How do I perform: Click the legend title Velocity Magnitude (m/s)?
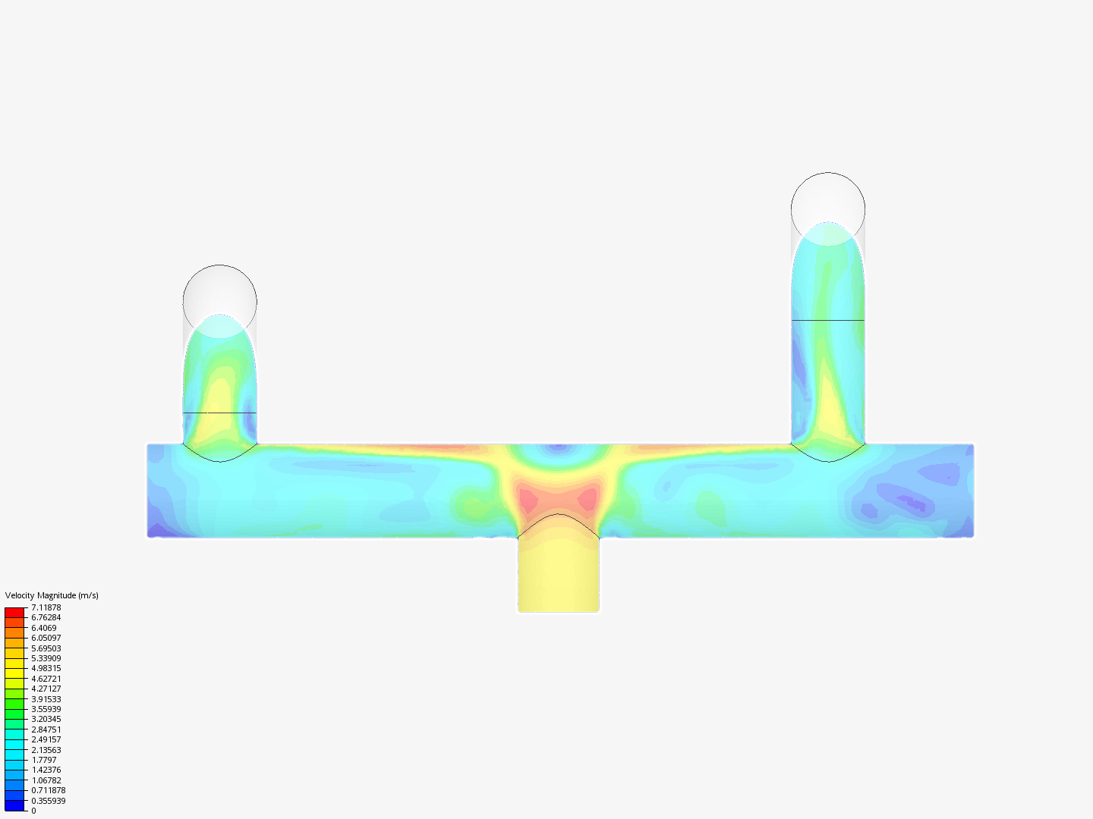(52, 595)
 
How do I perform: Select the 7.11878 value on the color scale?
(46, 607)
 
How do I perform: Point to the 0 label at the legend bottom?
(33, 811)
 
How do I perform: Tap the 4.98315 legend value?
(46, 668)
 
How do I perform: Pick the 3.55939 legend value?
(46, 709)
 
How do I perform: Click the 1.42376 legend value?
(46, 770)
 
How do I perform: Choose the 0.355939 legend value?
(48, 801)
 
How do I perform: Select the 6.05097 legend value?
(46, 638)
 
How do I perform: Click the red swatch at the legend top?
(14, 612)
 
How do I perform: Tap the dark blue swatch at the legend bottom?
(14, 805)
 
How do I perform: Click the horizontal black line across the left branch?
(220, 413)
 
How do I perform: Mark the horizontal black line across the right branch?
(828, 320)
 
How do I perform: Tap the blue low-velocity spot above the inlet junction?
(559, 449)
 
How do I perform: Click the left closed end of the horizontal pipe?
(149, 491)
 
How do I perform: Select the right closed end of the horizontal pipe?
(972, 491)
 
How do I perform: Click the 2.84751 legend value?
(46, 730)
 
